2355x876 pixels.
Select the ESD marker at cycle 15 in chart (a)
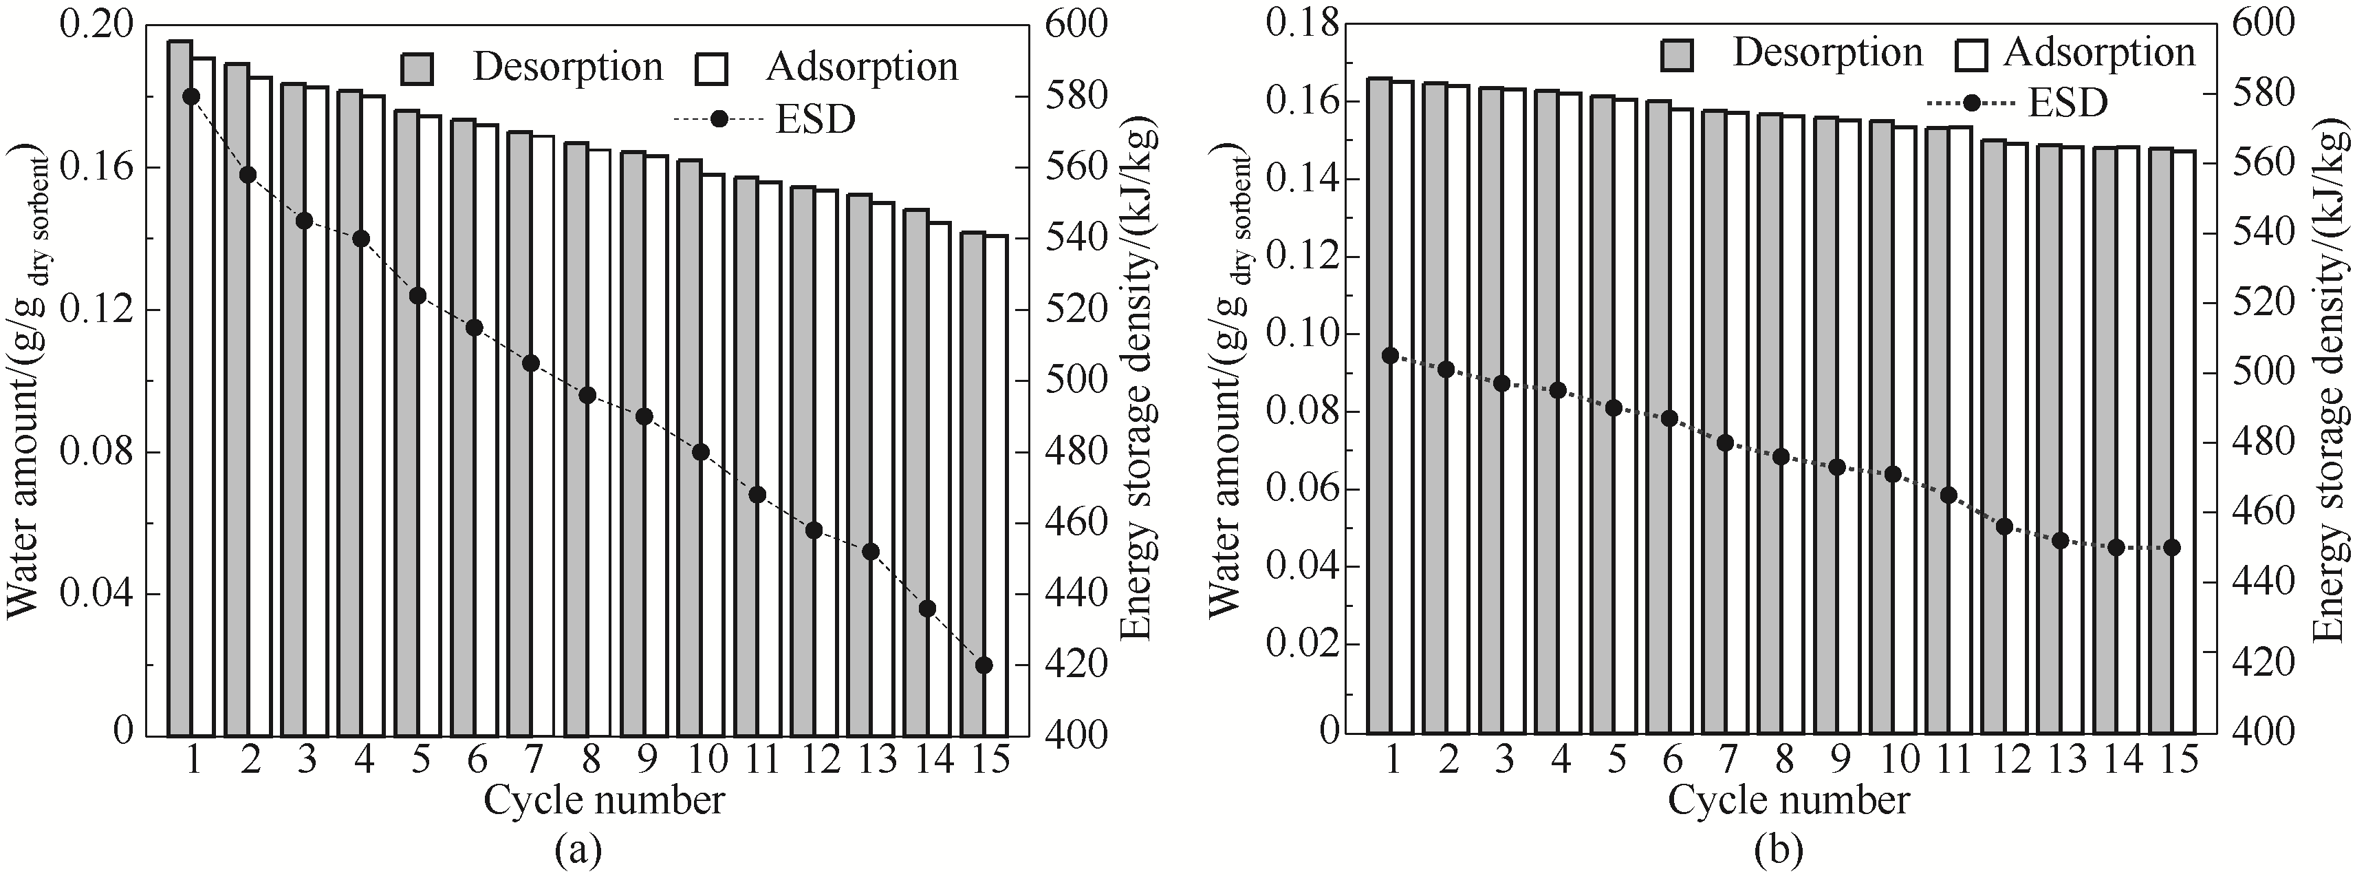(x=984, y=665)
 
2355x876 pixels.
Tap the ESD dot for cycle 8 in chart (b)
(x=1781, y=456)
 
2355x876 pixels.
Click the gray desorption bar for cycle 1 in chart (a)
(x=180, y=384)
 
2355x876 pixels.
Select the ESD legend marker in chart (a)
(x=719, y=119)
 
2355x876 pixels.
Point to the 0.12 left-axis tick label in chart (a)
(x=96, y=310)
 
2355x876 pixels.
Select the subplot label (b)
(x=1779, y=851)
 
